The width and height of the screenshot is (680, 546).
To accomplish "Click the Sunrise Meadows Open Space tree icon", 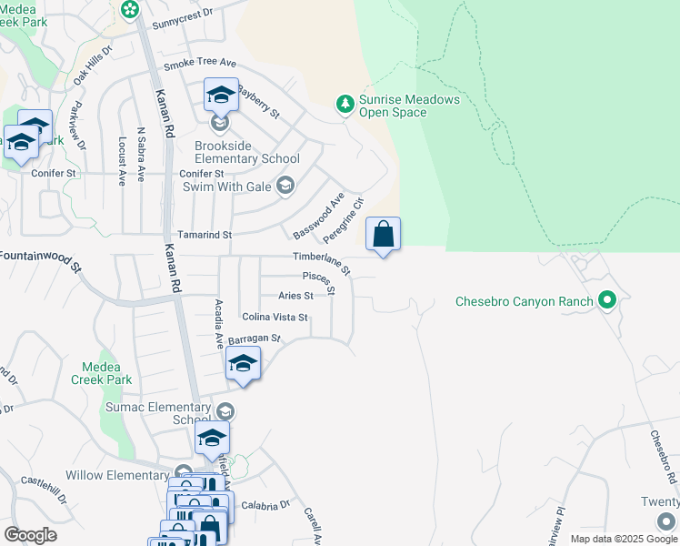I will (x=345, y=105).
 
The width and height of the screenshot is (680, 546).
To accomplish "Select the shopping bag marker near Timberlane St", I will (x=384, y=235).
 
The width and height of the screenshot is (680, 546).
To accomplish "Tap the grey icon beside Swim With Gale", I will (x=285, y=186).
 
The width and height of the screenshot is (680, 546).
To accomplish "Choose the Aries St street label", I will (x=295, y=296).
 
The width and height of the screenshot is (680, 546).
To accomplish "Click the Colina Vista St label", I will (x=275, y=318).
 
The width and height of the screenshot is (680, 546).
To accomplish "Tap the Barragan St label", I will (x=255, y=339).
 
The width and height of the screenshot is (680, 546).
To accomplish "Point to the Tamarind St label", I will (x=205, y=234).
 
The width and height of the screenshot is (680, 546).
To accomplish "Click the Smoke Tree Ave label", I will (x=199, y=65).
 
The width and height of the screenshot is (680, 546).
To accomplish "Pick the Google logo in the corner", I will (x=30, y=535).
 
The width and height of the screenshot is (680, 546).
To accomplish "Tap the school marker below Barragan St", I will (x=243, y=365).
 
